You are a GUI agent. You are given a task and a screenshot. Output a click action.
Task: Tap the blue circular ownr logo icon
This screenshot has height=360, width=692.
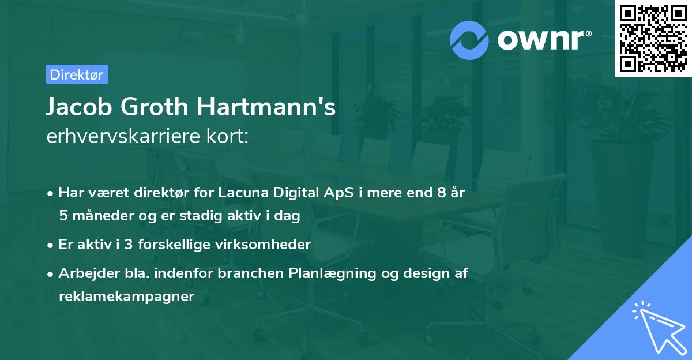(469, 41)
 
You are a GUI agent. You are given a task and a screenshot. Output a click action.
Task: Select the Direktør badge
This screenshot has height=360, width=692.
(77, 74)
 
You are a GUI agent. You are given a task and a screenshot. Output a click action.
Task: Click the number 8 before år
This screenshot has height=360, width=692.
(442, 193)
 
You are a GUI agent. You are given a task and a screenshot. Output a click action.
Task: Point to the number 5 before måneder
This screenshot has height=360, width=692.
(63, 216)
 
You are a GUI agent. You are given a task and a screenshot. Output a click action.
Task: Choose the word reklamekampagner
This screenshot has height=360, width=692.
(127, 297)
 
